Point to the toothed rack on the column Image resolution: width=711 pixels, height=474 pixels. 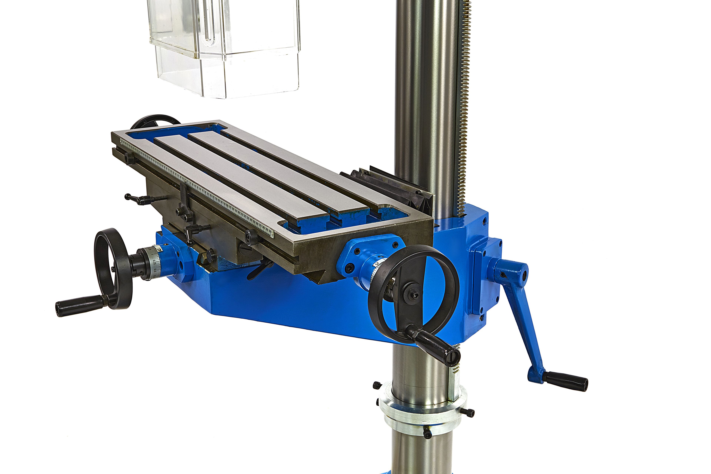click(464, 106)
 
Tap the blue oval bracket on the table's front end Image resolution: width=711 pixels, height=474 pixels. click(370, 254)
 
